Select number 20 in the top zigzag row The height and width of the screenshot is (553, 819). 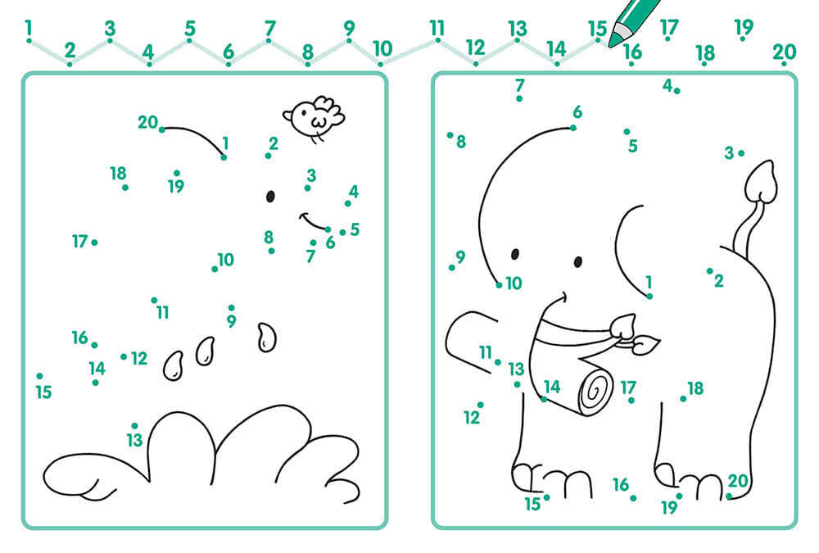click(x=784, y=52)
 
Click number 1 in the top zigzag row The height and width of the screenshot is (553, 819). click(x=28, y=27)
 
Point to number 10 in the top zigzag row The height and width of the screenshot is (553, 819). click(x=382, y=48)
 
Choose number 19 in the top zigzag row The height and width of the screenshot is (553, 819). click(x=744, y=27)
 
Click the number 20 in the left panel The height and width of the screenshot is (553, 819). click(x=147, y=122)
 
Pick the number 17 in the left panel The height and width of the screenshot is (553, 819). click(x=79, y=242)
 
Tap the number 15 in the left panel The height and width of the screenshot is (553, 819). click(x=44, y=392)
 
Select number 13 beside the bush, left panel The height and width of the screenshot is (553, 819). click(x=134, y=440)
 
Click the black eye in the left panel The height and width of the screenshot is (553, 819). click(x=270, y=196)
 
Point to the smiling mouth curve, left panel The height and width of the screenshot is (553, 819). click(x=314, y=222)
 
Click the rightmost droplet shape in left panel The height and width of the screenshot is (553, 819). click(x=267, y=338)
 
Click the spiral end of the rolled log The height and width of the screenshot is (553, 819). click(x=595, y=391)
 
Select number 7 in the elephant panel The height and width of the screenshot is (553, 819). click(x=519, y=84)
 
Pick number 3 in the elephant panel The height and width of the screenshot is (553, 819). click(x=729, y=153)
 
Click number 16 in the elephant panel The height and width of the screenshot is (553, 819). click(x=621, y=485)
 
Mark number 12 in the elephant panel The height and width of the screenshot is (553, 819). click(x=472, y=418)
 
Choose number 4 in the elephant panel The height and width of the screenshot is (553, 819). click(x=667, y=85)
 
